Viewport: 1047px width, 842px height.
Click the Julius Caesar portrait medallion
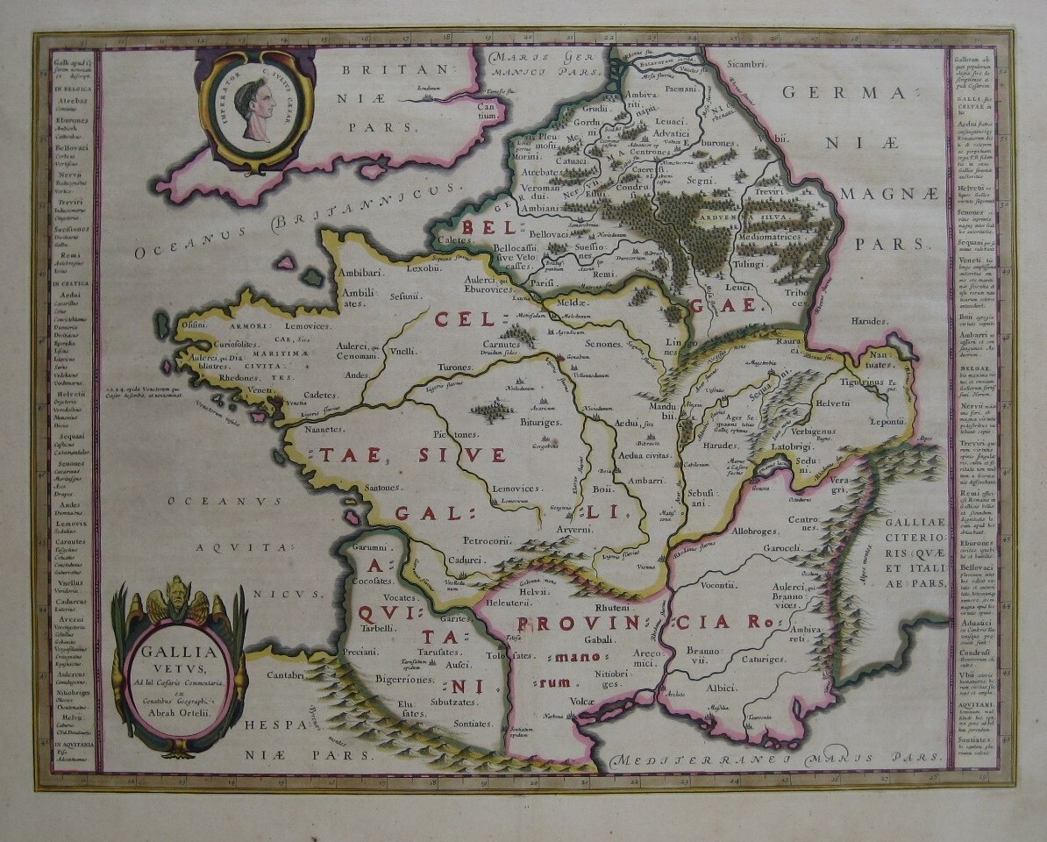[x=255, y=110]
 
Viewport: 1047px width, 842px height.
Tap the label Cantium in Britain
[x=488, y=111]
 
